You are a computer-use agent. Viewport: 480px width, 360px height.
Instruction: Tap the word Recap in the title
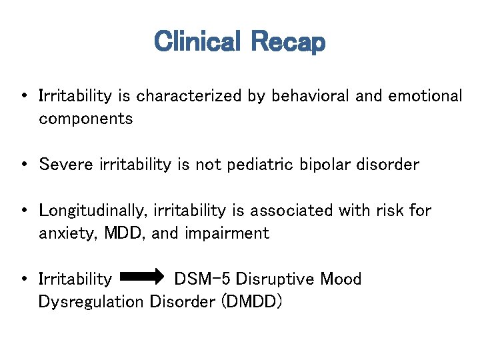pos(288,42)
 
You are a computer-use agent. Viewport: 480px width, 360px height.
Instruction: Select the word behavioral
pos(310,96)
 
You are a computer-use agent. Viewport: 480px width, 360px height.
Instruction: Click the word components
pos(85,119)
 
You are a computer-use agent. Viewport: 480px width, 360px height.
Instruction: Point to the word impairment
pos(229,233)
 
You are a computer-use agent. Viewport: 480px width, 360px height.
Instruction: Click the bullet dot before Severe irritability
pos(24,165)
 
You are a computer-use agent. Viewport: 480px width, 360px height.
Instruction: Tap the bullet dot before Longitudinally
pos(24,211)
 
